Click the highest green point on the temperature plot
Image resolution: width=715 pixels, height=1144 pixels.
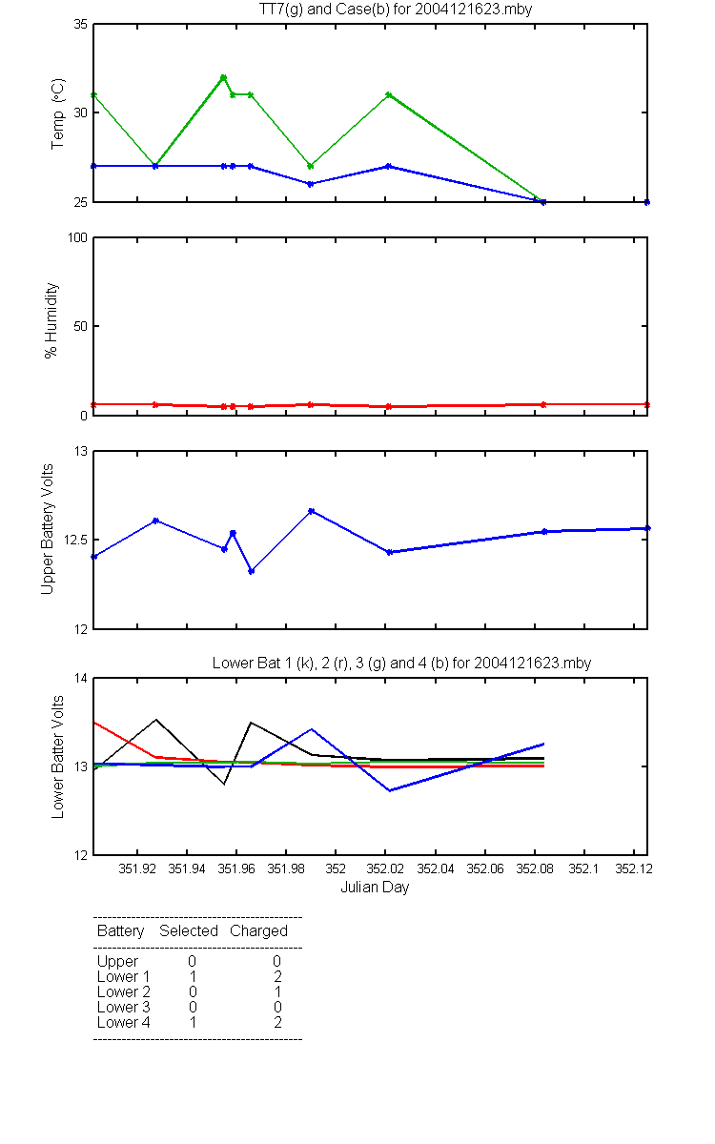223,77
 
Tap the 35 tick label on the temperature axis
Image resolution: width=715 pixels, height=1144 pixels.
81,25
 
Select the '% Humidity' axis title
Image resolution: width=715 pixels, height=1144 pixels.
51,320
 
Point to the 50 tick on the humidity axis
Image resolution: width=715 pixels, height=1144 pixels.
81,326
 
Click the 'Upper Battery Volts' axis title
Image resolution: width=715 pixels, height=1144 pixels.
47,529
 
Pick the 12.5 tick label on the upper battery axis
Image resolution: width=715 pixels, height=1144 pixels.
75,541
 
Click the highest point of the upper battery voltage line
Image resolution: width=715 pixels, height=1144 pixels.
311,511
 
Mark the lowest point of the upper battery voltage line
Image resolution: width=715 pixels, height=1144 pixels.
252,571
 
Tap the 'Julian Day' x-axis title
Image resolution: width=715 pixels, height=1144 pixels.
375,888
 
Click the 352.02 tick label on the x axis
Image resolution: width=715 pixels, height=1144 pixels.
385,868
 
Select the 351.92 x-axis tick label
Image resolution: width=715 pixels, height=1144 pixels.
137,868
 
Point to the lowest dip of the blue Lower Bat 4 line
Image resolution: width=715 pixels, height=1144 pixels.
390,790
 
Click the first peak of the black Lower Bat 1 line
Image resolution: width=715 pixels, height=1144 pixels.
156,720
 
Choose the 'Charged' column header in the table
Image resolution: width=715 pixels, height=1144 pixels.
258,931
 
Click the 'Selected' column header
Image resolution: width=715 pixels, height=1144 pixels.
189,931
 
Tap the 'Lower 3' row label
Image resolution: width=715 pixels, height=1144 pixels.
124,1007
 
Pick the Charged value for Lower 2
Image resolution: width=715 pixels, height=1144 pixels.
277,991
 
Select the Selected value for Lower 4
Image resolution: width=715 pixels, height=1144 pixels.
193,1022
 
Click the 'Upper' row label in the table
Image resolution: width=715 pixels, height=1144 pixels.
117,962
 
